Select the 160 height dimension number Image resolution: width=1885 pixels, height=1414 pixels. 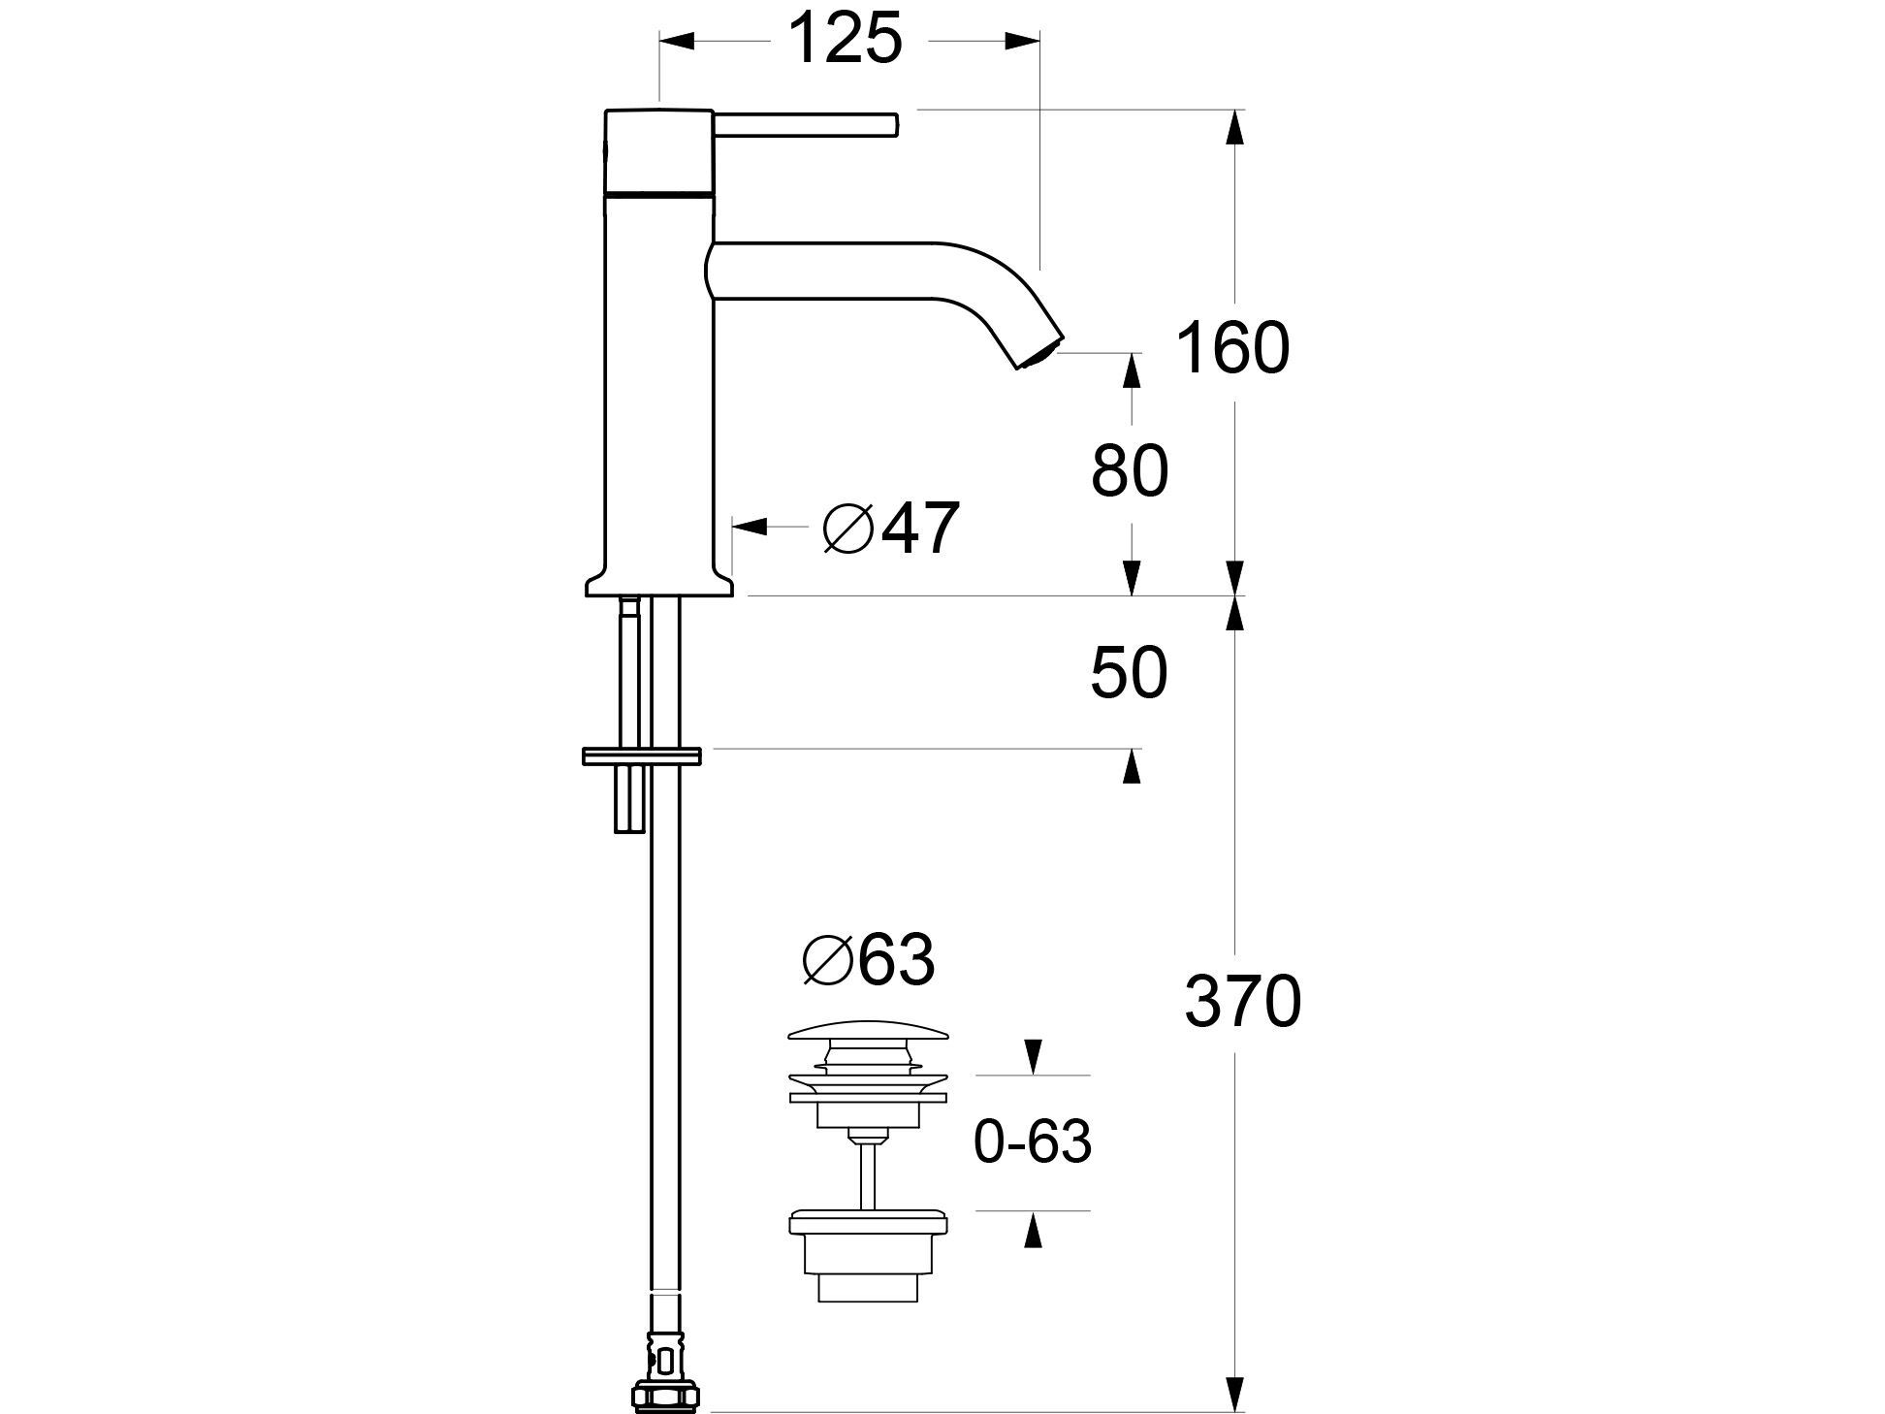[x=1232, y=348]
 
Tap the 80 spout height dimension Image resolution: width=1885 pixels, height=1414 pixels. [x=1130, y=472]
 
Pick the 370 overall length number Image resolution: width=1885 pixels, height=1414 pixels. [x=1241, y=1002]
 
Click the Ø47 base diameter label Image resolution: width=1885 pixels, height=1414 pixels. [x=890, y=530]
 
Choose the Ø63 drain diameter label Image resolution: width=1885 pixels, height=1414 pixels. [x=868, y=960]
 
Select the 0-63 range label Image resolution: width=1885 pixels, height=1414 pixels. [x=1032, y=1142]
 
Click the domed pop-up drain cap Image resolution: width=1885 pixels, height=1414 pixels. [x=869, y=1037]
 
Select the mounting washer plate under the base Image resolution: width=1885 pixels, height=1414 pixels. [x=641, y=755]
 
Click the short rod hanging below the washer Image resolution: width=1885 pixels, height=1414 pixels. [x=628, y=800]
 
